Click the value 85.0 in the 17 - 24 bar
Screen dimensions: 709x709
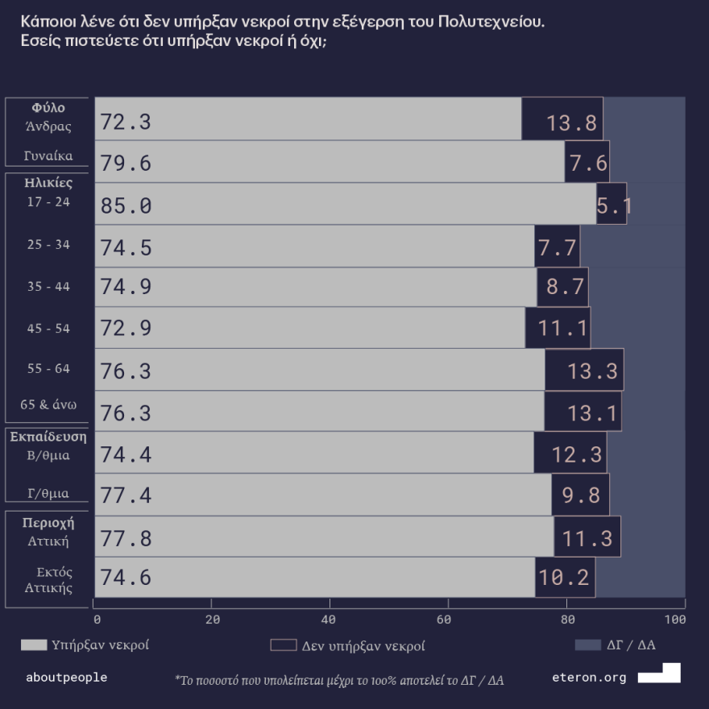click(126, 206)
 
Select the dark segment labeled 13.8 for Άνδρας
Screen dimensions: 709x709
click(562, 122)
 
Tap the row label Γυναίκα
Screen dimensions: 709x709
click(48, 155)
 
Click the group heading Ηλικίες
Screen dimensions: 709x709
click(48, 183)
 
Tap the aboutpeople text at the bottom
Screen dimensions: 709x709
click(66, 678)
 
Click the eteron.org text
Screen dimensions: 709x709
click(589, 678)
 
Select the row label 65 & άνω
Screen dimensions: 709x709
click(48, 404)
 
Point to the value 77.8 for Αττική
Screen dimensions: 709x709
click(126, 538)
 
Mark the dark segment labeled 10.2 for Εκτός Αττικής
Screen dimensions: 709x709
click(565, 578)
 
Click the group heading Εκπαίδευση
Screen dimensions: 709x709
click(48, 437)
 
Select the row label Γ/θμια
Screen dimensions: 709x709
click(48, 493)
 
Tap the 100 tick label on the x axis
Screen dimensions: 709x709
click(675, 620)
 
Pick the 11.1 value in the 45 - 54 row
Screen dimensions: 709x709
click(558, 329)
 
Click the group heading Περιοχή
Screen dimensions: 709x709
click(48, 522)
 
